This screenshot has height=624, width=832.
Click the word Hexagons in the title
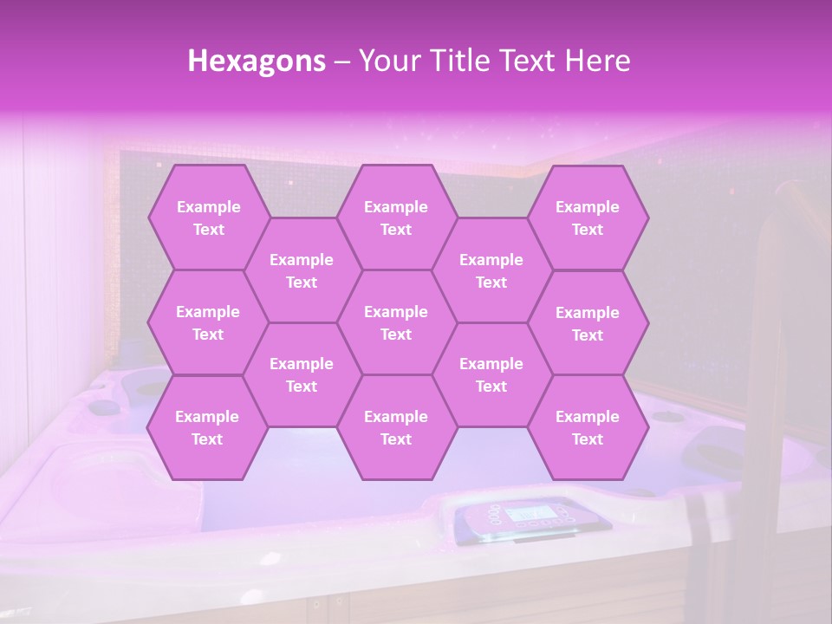(257, 61)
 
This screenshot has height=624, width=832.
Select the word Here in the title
(596, 61)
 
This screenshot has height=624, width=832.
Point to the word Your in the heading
(388, 61)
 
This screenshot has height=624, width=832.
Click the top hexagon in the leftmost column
(208, 218)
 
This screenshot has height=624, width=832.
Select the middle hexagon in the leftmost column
(208, 322)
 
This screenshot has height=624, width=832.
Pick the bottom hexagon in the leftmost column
(207, 427)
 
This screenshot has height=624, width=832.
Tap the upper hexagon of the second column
(302, 270)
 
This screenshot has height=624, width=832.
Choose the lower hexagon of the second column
(302, 374)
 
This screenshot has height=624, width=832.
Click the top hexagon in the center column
(396, 218)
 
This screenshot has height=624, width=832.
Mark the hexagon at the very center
(396, 322)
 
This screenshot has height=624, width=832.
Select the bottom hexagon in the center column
(396, 427)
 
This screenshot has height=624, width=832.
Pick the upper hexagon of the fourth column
(491, 270)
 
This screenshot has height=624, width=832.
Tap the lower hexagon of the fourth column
(491, 374)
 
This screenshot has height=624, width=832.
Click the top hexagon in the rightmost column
(588, 218)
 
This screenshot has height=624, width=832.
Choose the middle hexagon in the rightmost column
(588, 323)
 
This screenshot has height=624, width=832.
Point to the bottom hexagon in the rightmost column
(588, 427)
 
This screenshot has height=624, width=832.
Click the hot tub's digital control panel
(528, 519)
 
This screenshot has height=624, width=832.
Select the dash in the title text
(342, 62)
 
